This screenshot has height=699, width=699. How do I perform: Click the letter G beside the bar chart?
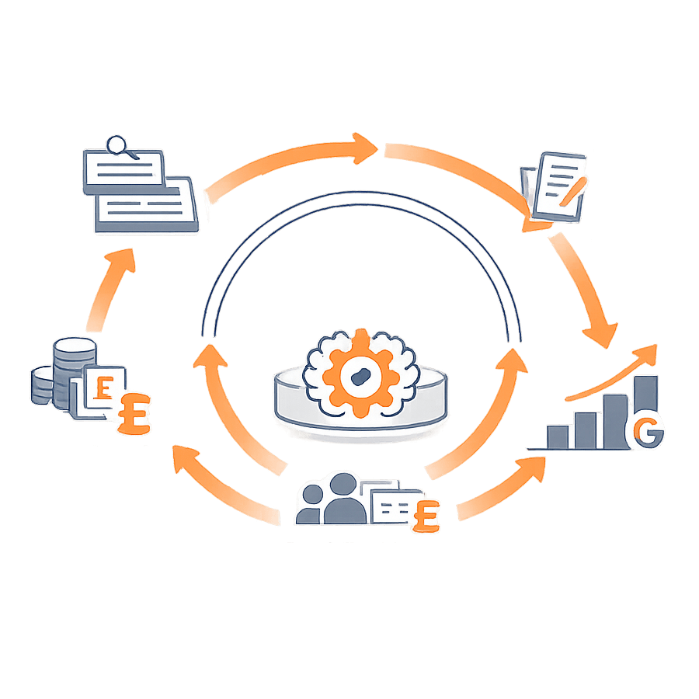(649, 433)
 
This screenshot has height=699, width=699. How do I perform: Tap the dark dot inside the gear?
(359, 374)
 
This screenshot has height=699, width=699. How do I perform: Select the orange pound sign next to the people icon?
(425, 515)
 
